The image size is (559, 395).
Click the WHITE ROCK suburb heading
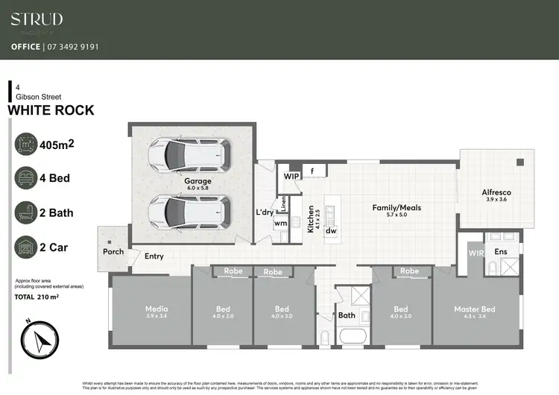click(51, 110)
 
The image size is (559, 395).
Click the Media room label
click(157, 309)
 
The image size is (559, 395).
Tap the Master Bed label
click(474, 309)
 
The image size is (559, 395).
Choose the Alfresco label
click(496, 192)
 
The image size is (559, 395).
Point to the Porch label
click(113, 252)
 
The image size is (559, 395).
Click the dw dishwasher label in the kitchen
click(330, 231)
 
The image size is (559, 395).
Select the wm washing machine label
click(280, 223)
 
